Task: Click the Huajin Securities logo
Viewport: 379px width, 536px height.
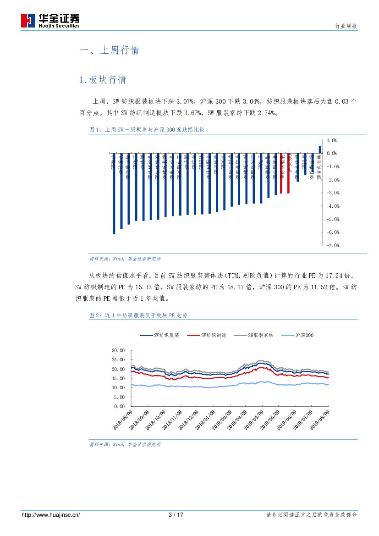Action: coord(50,20)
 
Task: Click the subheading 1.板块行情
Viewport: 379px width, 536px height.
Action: coord(103,80)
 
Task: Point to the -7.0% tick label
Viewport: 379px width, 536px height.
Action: coord(332,245)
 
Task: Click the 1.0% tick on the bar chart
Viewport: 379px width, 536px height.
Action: coord(332,140)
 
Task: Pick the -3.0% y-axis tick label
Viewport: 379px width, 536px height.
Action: coord(332,193)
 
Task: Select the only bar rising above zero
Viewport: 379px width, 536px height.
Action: coord(320,149)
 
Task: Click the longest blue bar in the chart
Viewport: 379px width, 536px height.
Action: coord(114,193)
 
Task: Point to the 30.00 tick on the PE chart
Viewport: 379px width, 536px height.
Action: coord(118,350)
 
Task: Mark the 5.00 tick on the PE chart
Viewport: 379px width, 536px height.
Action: coord(119,397)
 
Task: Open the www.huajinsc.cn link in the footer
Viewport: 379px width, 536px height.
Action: coord(51,515)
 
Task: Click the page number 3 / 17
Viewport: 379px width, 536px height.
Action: coord(176,515)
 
